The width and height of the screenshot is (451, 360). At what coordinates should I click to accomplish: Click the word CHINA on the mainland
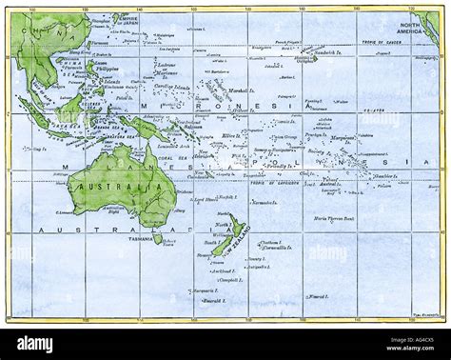click(36, 36)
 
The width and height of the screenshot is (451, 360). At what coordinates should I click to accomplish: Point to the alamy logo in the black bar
click(35, 344)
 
